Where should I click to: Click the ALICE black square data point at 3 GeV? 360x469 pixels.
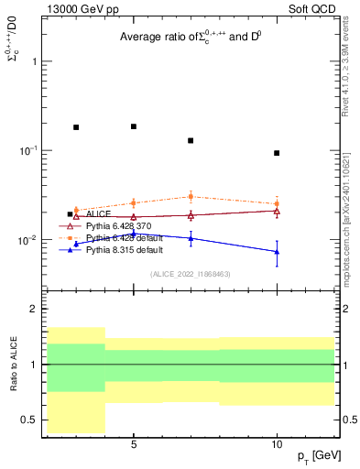click(x=76, y=127)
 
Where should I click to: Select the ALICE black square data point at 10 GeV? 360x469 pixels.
click(x=277, y=153)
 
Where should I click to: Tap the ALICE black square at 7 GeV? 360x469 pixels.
click(x=191, y=140)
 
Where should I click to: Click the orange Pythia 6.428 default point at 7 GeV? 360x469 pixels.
click(x=191, y=196)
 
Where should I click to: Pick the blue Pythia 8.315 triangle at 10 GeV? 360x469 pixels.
click(x=277, y=252)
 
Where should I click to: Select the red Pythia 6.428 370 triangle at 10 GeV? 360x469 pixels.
click(x=277, y=211)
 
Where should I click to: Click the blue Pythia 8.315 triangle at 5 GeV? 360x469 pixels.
click(x=134, y=233)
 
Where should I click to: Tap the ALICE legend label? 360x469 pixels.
click(x=100, y=214)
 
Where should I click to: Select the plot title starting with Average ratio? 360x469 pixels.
click(x=191, y=38)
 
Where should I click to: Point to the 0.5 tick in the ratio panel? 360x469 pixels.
click(x=29, y=420)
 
